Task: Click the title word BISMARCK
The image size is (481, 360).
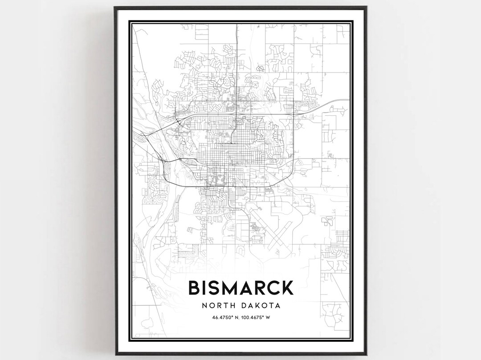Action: (x=240, y=287)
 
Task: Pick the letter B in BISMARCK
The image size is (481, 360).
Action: (x=194, y=287)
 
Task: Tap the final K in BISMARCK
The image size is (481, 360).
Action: (x=287, y=287)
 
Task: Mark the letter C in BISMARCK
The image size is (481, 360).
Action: (x=273, y=287)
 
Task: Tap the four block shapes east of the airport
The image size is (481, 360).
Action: (x=327, y=221)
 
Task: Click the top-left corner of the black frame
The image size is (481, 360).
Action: (x=115, y=8)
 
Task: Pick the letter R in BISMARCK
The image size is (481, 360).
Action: (x=260, y=287)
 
